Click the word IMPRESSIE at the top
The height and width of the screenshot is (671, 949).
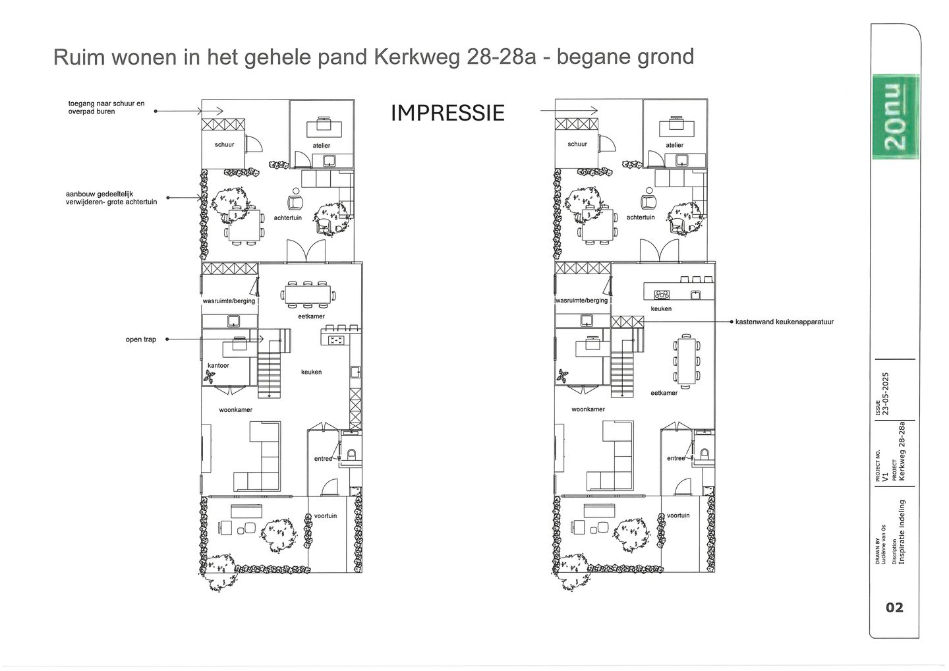[447, 113]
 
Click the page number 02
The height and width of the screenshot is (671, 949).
[894, 607]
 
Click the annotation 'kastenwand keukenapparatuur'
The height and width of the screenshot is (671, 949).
[785, 322]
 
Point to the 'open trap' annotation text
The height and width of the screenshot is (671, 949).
[141, 339]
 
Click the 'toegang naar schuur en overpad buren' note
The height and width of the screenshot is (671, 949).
[106, 107]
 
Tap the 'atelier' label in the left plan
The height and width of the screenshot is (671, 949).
[322, 145]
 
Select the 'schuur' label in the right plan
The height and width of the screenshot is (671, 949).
[577, 144]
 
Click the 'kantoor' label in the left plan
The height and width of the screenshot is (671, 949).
[218, 365]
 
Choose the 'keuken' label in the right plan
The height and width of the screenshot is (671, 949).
[661, 308]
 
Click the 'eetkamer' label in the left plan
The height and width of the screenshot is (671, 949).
[311, 316]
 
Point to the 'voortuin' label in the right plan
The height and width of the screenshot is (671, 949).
[678, 515]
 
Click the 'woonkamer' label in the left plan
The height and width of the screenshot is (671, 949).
[236, 409]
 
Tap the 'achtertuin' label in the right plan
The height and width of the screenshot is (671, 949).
[641, 217]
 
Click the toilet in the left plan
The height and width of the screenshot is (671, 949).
[351, 454]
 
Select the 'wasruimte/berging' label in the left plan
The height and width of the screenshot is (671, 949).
[229, 301]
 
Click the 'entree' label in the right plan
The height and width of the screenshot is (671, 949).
[676, 458]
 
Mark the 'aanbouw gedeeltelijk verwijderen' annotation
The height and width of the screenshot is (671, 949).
[111, 198]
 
